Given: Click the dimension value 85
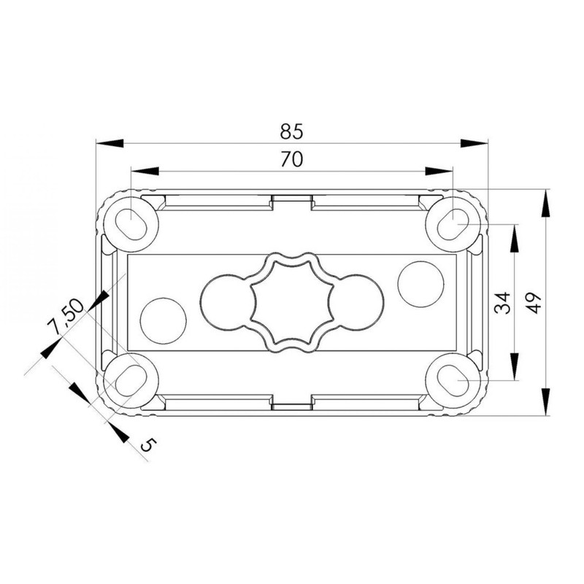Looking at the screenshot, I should tap(291, 131).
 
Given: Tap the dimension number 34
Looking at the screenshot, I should tap(502, 302).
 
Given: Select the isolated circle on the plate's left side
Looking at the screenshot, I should tap(163, 321).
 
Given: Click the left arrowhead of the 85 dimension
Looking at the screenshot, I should tap(109, 144).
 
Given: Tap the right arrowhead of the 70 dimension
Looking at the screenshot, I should tap(439, 171).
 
